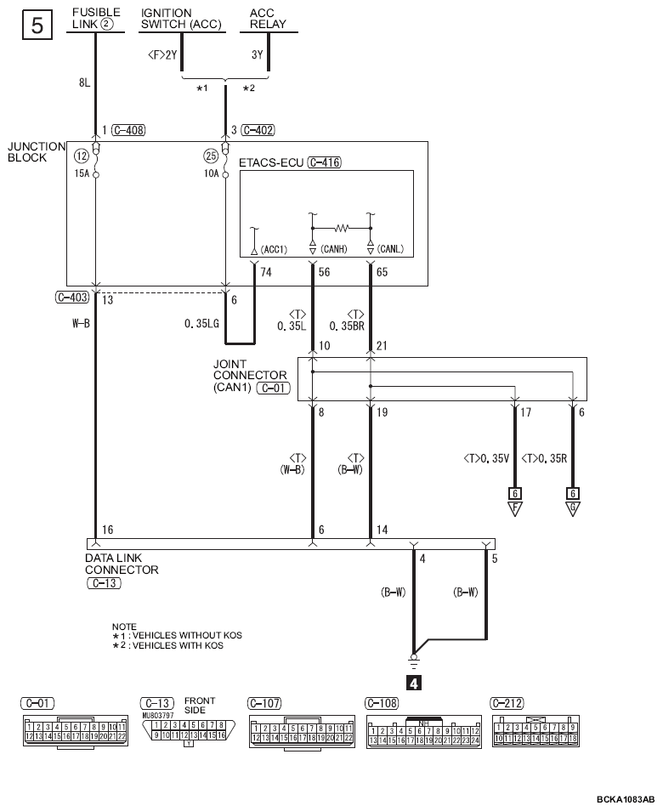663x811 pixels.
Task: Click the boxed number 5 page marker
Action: pos(37,25)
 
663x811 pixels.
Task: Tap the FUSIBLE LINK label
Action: pos(96,18)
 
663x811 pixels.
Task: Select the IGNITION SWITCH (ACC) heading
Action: pos(181,19)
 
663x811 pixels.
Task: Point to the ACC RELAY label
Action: pos(268,19)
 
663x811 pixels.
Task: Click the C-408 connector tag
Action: pos(128,130)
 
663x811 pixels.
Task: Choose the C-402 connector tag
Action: pos(258,130)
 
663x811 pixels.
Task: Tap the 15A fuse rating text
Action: pos(82,173)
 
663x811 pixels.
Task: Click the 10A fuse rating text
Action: pos(211,173)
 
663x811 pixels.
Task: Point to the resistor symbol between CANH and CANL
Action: pos(342,228)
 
